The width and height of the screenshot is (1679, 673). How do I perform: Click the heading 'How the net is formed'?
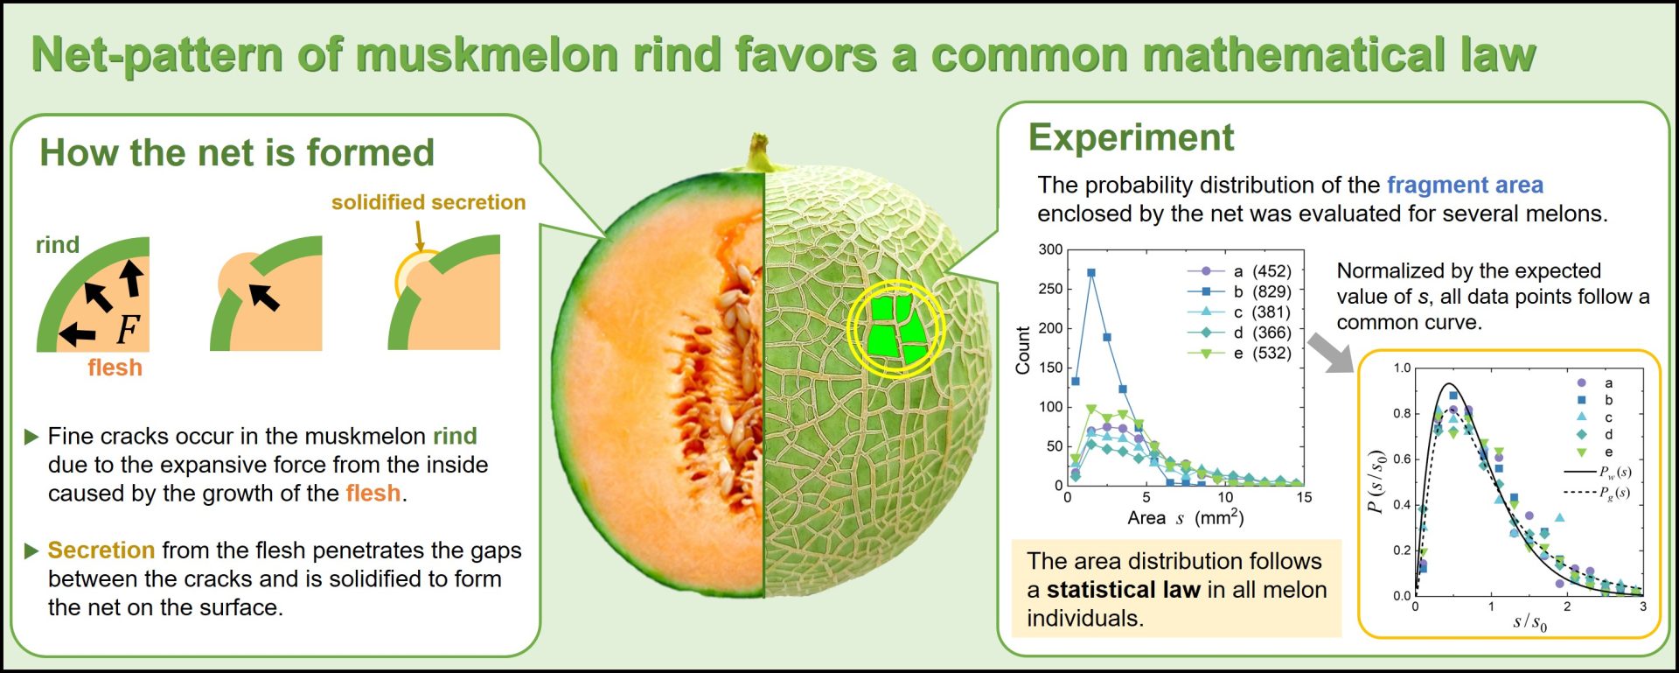pos(237,153)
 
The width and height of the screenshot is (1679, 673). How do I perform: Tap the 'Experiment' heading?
pos(1131,138)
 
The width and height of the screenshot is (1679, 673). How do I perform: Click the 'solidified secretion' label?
pos(428,202)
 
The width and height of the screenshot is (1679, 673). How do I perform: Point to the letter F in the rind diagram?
pos(128,329)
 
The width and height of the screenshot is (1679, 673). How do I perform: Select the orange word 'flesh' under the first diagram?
pos(115,368)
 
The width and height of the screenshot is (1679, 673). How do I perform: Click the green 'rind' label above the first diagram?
pos(58,245)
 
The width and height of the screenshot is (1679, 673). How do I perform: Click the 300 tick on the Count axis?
pos(1050,249)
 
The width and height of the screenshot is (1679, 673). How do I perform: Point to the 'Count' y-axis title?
pos(1022,350)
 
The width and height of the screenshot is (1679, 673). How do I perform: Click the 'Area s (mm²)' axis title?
pos(1185,517)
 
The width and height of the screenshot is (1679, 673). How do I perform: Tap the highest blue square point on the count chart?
pos(1090,273)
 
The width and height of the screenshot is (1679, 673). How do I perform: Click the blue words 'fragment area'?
pos(1465,186)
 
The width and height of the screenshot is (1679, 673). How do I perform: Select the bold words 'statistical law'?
pos(1123,590)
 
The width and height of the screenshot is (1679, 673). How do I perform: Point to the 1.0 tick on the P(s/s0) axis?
pos(1402,368)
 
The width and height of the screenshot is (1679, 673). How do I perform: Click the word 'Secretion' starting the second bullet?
pos(101,550)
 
